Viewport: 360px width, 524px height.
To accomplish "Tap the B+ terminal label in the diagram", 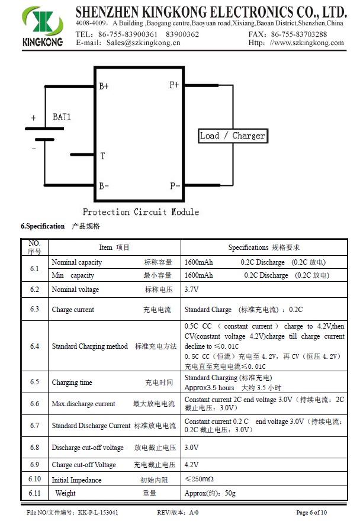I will pyautogui.click(x=104, y=86).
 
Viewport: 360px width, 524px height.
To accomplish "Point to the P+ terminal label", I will pyautogui.click(x=174, y=85).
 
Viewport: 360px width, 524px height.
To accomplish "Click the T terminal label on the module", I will pyautogui.click(x=102, y=156).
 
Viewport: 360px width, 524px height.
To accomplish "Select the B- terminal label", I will pyautogui.click(x=104, y=186).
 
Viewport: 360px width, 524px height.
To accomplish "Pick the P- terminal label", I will pyautogui.click(x=175, y=186).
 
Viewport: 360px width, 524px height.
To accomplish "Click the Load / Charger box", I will pyautogui.click(x=232, y=136).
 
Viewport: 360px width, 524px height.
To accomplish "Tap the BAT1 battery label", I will pyautogui.click(x=62, y=117).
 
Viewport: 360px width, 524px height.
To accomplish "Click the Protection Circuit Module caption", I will pyautogui.click(x=140, y=212).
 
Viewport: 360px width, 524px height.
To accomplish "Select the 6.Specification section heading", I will pyautogui.click(x=43, y=226).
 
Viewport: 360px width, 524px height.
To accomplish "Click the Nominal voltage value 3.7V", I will pyautogui.click(x=191, y=290).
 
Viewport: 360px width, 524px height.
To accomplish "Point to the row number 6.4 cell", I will pyautogui.click(x=34, y=346).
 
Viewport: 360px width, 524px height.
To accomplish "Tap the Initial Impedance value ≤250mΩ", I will pyautogui.click(x=199, y=479).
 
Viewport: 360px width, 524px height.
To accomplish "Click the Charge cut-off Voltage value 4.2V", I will pyautogui.click(x=191, y=465).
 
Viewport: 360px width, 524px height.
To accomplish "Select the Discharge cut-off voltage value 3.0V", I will pyautogui.click(x=191, y=448).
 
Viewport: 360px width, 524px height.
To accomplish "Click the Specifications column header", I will pyautogui.click(x=263, y=247).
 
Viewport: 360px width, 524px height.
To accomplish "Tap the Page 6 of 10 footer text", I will pyautogui.click(x=311, y=512).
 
